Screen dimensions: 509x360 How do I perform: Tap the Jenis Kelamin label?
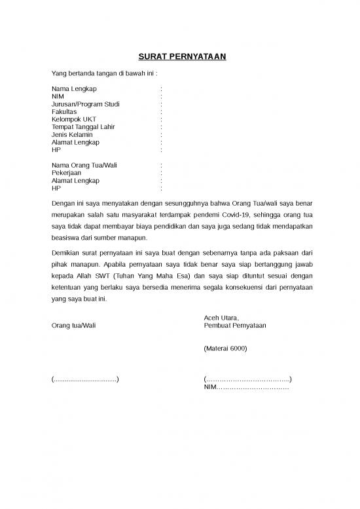tap(72, 135)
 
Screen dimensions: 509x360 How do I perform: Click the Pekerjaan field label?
tap(66, 172)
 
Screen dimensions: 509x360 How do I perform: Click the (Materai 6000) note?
tap(226, 349)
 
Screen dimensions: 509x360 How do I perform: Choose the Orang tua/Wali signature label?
tap(73, 326)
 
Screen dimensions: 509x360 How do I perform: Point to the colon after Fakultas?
tap(161, 112)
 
